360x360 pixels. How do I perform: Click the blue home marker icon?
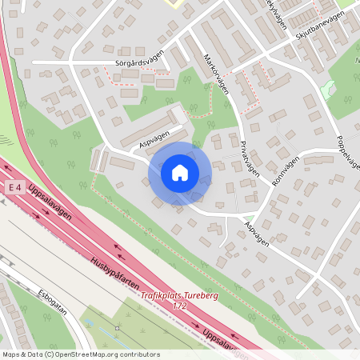point(179,173)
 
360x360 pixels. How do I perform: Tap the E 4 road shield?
point(13,186)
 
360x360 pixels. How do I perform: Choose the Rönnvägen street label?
point(284,170)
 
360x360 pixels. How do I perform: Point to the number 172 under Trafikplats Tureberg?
point(180,306)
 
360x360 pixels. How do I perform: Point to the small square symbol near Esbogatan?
point(118,327)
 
